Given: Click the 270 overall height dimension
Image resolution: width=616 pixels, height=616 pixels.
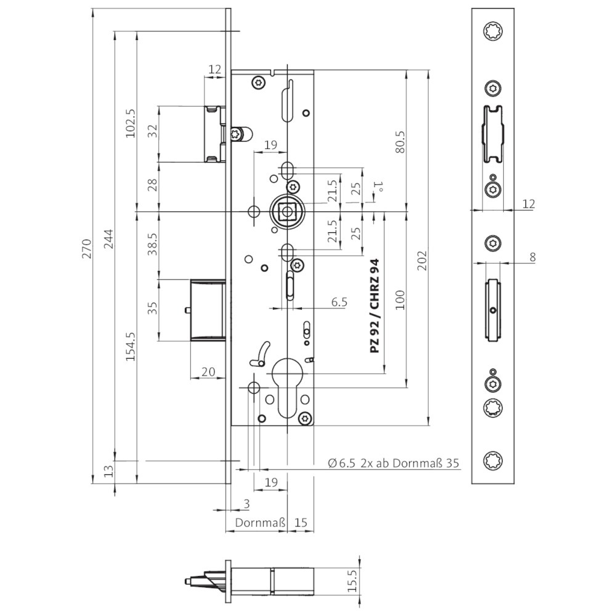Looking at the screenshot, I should click(87, 247).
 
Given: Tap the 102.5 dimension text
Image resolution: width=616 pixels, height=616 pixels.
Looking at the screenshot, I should click(130, 123).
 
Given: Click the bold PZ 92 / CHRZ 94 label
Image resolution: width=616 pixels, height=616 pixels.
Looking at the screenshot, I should click(375, 306).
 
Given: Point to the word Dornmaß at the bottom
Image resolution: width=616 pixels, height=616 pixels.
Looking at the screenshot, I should click(256, 523).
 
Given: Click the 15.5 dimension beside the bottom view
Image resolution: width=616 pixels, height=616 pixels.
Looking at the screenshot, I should click(352, 581).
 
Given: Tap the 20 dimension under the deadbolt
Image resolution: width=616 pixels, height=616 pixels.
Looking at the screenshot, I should click(208, 371).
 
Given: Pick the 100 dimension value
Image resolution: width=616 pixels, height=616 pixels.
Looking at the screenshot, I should click(402, 299).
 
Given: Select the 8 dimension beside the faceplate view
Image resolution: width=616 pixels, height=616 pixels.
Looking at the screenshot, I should click(532, 257).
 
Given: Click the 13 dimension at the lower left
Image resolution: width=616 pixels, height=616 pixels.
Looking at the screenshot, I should click(109, 472).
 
